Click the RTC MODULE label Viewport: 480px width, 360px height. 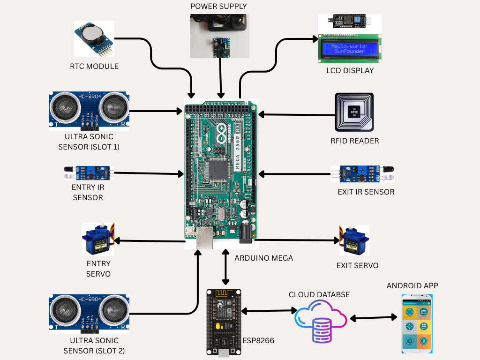pyautogui.click(x=94, y=67)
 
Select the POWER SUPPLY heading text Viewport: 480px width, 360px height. pyautogui.click(x=218, y=7)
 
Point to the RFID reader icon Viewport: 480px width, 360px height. pyautogui.click(x=354, y=112)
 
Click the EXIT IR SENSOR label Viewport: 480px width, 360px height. pyautogui.click(x=366, y=192)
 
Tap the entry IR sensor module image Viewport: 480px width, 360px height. pyautogui.click(x=88, y=173)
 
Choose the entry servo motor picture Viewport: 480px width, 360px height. pyautogui.click(x=97, y=239)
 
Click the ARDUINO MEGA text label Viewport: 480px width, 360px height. pyautogui.click(x=263, y=258)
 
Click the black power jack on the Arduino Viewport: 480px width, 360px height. pyautogui.click(x=246, y=233)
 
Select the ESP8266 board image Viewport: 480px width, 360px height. pyautogui.click(x=224, y=322)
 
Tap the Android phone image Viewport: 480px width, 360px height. pyautogui.click(x=417, y=324)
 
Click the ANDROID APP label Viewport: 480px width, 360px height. pyautogui.click(x=412, y=286)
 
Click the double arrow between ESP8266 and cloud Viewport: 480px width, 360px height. pyautogui.click(x=269, y=311)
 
